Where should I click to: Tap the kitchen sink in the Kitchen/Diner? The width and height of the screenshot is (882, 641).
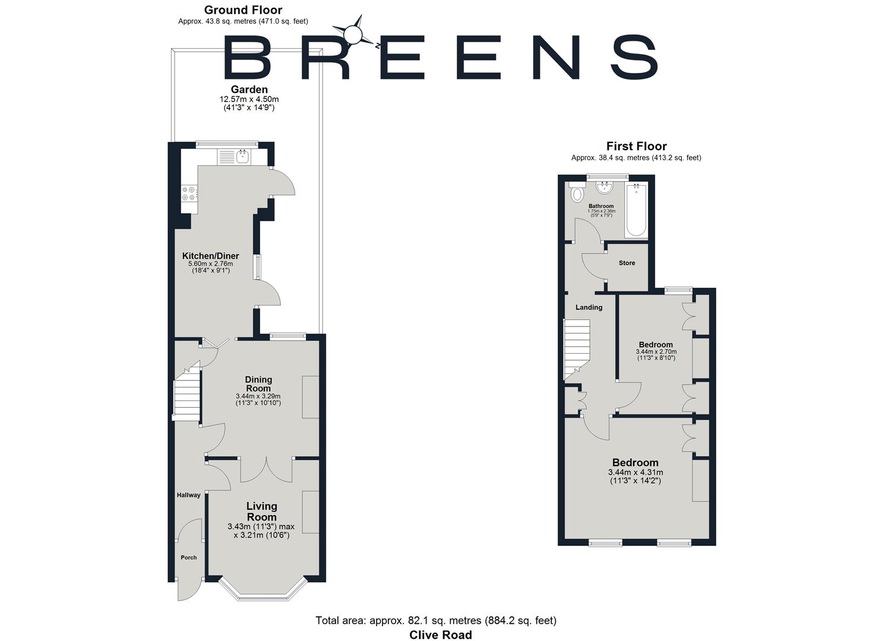click(242, 157)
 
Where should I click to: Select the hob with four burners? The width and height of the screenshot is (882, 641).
click(189, 193)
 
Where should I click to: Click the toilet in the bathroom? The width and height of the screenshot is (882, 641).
click(576, 193)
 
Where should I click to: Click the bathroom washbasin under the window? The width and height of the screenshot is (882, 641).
click(604, 188)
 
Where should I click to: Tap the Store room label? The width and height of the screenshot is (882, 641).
click(627, 263)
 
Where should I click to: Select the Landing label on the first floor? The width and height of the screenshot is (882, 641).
click(589, 307)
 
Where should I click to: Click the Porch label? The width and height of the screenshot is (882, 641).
click(188, 558)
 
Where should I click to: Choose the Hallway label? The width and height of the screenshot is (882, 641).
click(188, 495)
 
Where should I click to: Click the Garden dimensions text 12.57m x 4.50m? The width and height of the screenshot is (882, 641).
click(249, 99)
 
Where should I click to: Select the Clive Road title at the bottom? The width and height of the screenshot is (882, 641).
click(440, 634)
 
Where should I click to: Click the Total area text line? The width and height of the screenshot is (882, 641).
click(435, 621)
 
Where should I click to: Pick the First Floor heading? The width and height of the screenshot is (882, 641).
click(636, 146)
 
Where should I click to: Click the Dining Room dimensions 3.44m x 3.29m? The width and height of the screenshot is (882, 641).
click(258, 396)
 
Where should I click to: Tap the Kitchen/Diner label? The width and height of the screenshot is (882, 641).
click(210, 256)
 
